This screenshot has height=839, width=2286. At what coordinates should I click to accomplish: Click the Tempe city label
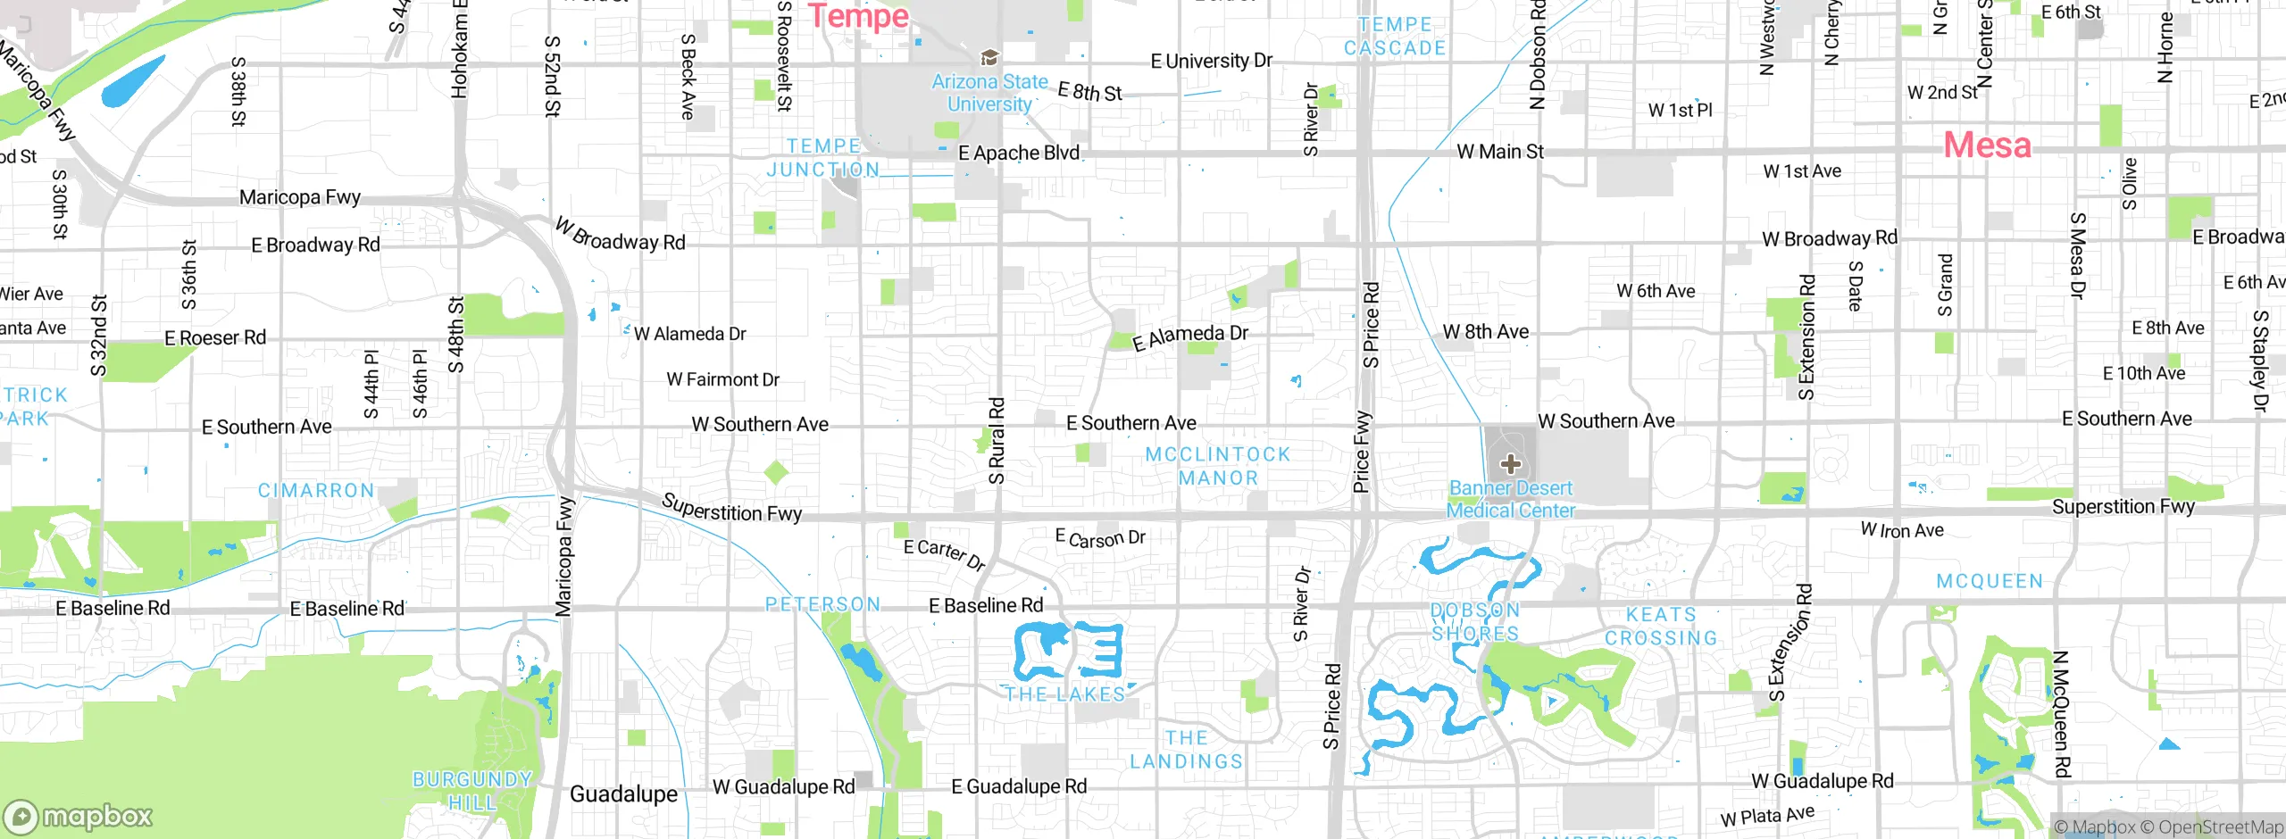pos(858,15)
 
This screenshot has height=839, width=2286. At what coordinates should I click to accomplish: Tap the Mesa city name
pos(1987,145)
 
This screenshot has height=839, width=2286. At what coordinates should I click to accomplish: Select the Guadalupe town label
pos(623,793)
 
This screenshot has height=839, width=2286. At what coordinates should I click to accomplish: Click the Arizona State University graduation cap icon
pos(989,58)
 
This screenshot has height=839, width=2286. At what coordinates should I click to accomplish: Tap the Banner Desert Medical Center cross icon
pos(1510,463)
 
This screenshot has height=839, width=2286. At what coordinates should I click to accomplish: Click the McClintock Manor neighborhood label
pos(1218,466)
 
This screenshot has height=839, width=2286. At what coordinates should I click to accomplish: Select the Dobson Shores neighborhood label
pos(1475,622)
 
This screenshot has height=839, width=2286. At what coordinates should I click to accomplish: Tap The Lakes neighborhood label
pos(1065,694)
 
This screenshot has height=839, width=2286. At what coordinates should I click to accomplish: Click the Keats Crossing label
pos(1661,627)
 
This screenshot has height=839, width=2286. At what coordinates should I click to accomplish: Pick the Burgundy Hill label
pos(472,790)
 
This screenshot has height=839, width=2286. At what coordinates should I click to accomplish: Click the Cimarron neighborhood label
pos(316,491)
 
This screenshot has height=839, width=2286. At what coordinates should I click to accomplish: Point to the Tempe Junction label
pos(823,158)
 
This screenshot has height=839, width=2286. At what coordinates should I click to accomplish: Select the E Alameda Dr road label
pos(1190,336)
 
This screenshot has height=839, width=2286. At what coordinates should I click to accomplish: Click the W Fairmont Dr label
pos(722,379)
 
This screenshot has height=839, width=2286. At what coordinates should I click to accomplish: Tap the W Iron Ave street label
pos(1902,530)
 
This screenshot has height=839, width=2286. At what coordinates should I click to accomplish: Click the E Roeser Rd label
pos(215,337)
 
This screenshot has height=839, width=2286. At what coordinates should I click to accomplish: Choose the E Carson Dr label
pos(1100,538)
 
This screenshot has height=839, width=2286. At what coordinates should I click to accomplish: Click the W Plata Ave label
pos(1767,816)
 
